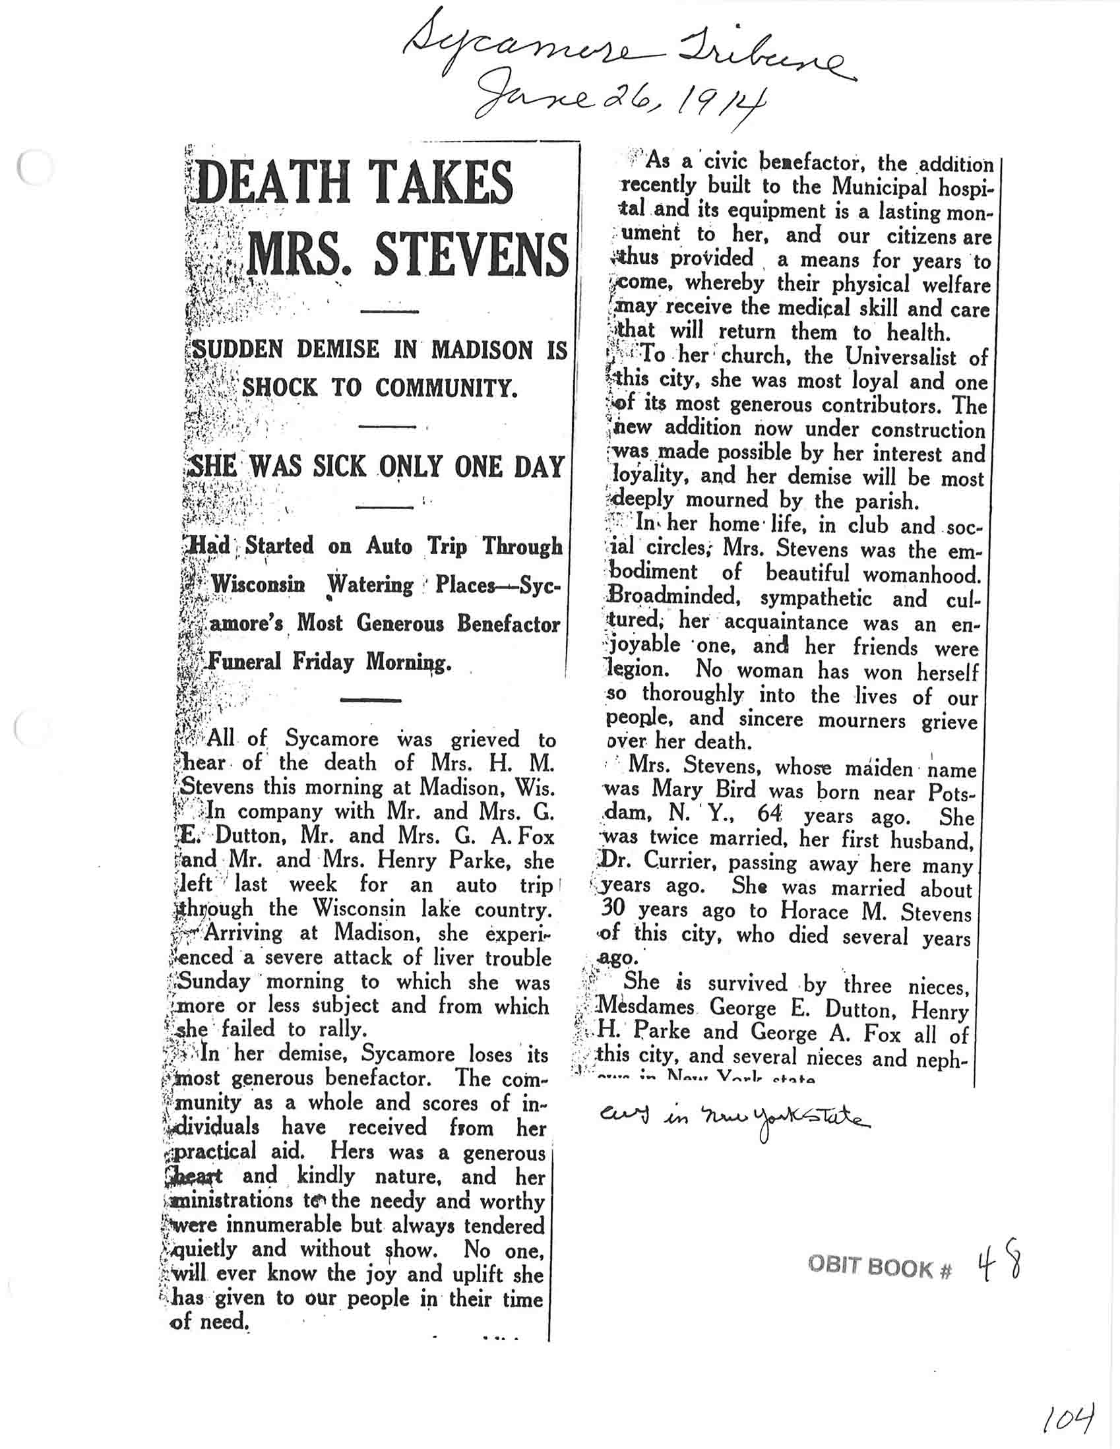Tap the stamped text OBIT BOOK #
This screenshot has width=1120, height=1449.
click(880, 1268)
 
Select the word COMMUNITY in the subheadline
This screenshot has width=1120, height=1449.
click(446, 387)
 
